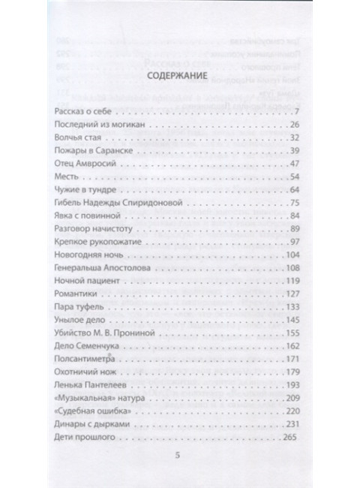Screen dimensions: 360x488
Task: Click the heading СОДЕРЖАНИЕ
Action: pos(179,75)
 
